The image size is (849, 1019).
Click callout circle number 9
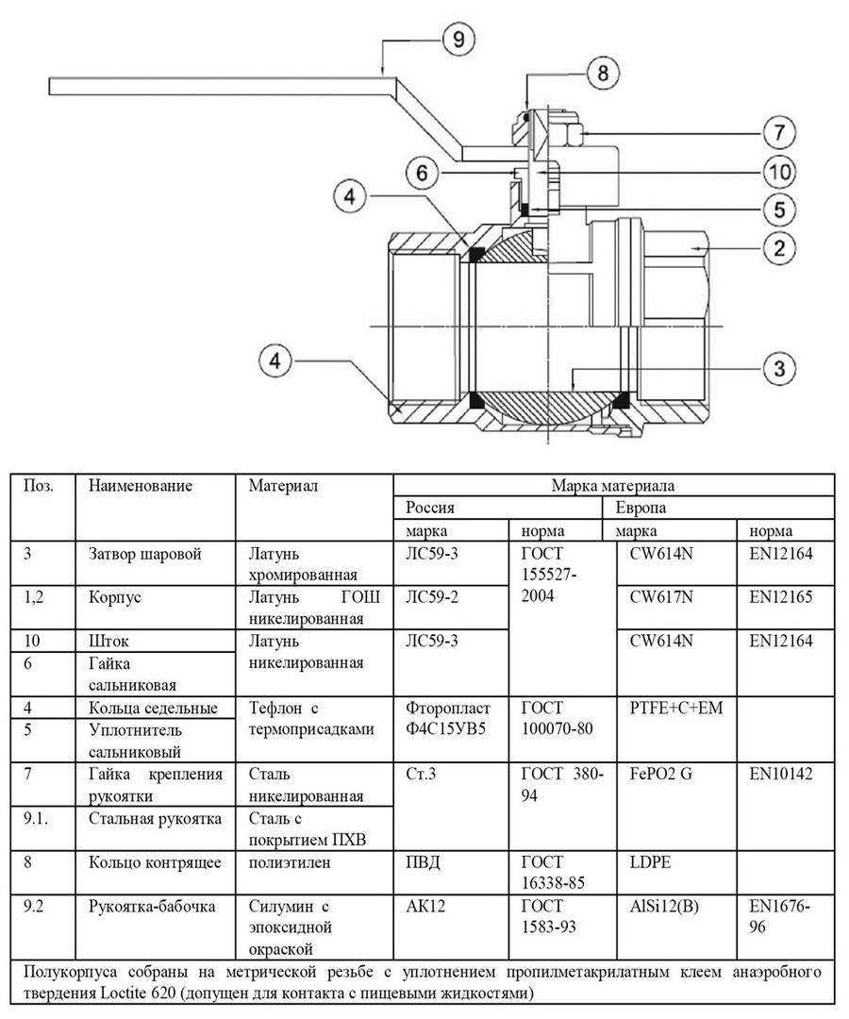click(x=458, y=40)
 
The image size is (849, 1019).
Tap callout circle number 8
click(x=603, y=72)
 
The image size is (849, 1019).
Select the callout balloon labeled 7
click(x=779, y=133)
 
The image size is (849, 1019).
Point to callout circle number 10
click(x=779, y=173)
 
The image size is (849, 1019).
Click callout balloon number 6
click(x=423, y=173)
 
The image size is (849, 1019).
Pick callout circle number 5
click(x=779, y=209)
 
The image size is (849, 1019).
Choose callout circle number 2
click(x=779, y=248)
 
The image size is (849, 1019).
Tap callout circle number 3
click(x=779, y=369)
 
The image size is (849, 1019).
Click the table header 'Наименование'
click(x=141, y=486)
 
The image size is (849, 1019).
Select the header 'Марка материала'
click(x=612, y=486)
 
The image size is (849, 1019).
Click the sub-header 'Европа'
click(x=641, y=508)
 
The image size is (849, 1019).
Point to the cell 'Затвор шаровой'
click(x=145, y=555)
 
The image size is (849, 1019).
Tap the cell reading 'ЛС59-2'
click(x=431, y=597)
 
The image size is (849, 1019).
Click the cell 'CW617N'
click(x=661, y=597)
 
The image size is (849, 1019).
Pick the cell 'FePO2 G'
click(x=660, y=774)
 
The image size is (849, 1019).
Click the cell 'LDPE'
click(x=650, y=862)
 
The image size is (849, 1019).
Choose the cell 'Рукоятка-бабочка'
click(x=152, y=907)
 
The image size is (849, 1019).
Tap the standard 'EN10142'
click(x=781, y=774)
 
